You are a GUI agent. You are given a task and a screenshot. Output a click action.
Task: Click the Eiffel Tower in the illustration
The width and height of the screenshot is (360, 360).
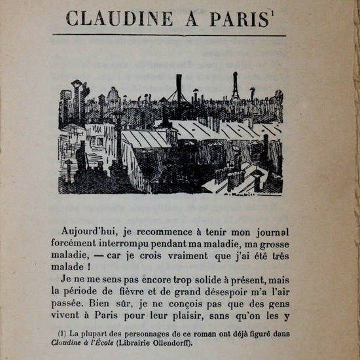point(234,86)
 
